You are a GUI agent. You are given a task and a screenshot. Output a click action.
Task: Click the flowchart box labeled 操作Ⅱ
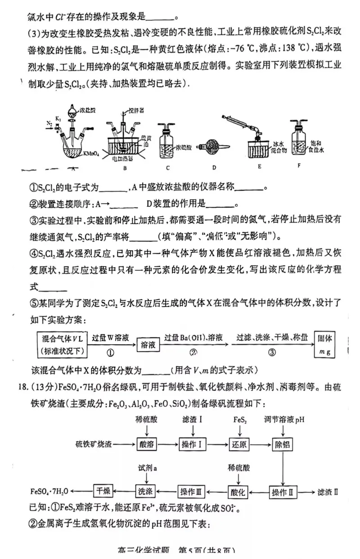click(282, 491)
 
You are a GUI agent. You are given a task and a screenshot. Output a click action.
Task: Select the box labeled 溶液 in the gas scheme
click(148, 344)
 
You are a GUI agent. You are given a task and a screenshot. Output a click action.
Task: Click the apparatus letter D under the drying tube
click(215, 168)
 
